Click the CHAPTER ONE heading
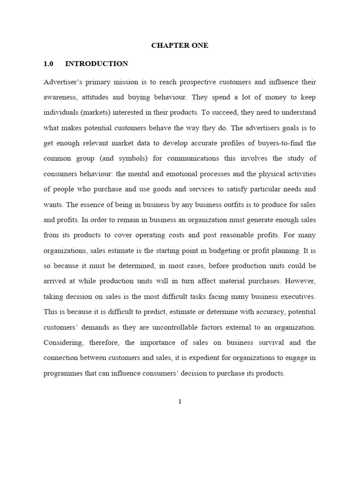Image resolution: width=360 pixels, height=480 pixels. point(180,45)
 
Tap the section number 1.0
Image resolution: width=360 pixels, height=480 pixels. point(49,64)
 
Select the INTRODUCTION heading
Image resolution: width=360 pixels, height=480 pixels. point(97,64)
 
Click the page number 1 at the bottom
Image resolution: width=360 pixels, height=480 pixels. point(180,401)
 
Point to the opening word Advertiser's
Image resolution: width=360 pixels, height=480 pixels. point(63,82)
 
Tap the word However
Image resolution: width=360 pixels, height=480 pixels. point(300,281)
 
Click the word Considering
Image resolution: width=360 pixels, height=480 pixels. point(65,343)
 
